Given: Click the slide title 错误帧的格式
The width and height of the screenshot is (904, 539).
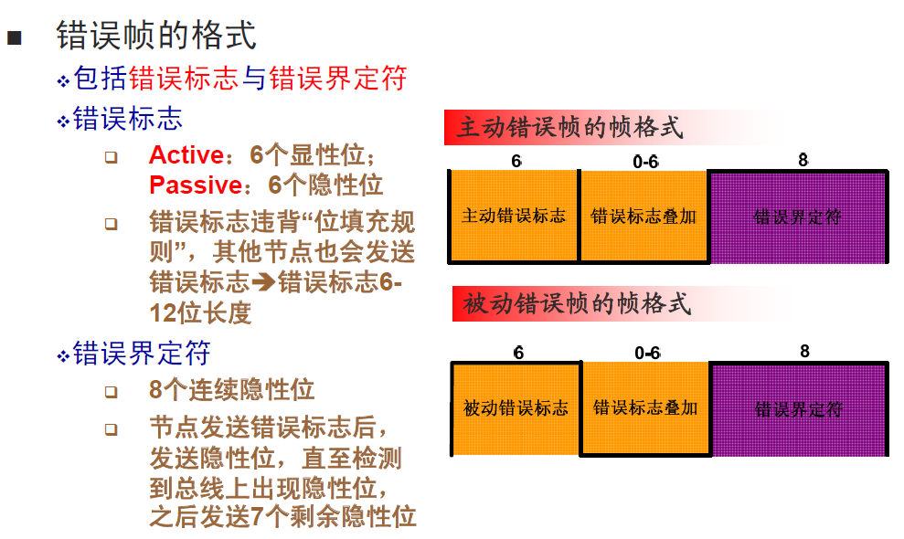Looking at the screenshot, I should [156, 36].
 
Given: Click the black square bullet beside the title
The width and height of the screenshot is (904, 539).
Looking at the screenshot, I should [14, 38].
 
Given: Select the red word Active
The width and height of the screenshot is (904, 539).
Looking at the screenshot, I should [186, 155].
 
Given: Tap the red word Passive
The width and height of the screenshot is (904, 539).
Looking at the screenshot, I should [195, 185].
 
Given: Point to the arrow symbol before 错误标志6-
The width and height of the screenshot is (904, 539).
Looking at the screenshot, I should [264, 282].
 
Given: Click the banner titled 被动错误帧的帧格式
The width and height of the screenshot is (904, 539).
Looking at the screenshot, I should [576, 303].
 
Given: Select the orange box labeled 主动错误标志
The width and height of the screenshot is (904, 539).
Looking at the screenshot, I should [514, 217].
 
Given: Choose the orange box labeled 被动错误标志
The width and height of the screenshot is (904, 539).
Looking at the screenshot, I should [516, 408].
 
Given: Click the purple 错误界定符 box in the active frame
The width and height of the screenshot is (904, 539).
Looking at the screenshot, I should [798, 217].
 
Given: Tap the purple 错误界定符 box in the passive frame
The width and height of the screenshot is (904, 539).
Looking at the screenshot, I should [799, 409].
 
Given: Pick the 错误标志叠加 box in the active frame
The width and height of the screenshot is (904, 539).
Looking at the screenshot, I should [643, 217].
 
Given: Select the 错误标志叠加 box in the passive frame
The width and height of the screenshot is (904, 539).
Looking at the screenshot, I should [645, 408].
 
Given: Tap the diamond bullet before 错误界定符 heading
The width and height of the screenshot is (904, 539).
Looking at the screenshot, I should [63, 355].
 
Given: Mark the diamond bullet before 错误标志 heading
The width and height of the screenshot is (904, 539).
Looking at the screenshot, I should [63, 121].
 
